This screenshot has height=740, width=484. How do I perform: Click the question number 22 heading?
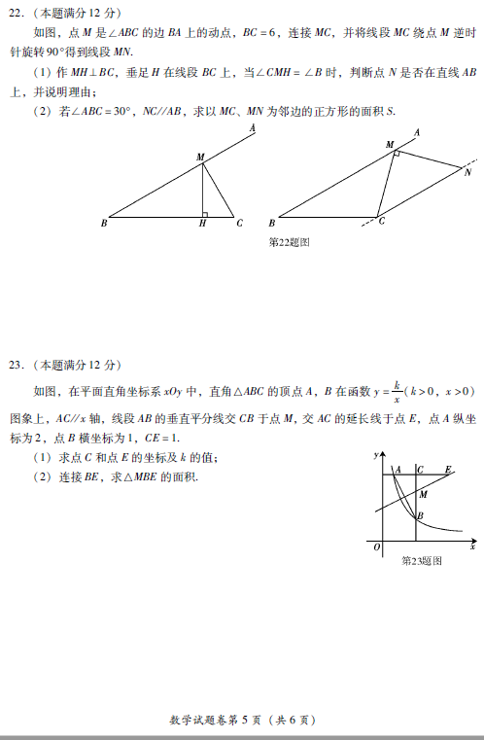click(x=17, y=13)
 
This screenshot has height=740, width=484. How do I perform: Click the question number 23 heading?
click(x=17, y=365)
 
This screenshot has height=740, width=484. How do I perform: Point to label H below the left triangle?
click(x=202, y=224)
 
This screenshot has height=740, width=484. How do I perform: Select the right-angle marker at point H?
click(x=206, y=213)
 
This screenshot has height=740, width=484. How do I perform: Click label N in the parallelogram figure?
click(x=467, y=173)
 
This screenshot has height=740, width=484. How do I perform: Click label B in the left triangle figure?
click(x=103, y=224)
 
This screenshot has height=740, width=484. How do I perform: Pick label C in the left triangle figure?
click(x=239, y=224)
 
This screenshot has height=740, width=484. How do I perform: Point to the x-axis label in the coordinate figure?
click(x=471, y=548)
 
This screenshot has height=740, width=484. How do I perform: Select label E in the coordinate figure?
click(x=447, y=470)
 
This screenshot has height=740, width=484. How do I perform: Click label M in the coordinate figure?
click(x=422, y=495)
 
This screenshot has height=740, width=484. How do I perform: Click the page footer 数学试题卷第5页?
click(x=243, y=721)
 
